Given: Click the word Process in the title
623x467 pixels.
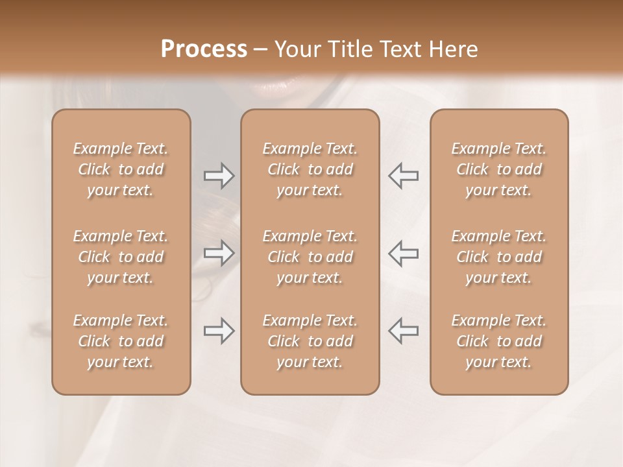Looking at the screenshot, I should tap(204, 49).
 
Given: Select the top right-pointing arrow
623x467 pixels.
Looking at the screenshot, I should tap(219, 175).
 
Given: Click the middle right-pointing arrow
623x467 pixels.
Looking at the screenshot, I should tap(219, 253).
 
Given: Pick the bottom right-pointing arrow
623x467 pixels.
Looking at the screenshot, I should tap(219, 331).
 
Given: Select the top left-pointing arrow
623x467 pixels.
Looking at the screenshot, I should tap(403, 175).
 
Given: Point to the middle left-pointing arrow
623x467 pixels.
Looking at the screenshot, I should tap(403, 253).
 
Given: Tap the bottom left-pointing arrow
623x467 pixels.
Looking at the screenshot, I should tap(403, 331).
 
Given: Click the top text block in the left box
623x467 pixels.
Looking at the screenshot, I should tap(121, 169).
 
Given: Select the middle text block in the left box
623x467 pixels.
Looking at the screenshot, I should tap(121, 257).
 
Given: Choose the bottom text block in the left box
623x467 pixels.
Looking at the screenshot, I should tap(121, 341).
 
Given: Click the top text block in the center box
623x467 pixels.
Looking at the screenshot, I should tap(310, 169).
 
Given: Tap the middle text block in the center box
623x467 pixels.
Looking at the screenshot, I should tap(310, 257).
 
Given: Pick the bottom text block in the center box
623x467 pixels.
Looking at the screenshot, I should tap(310, 341).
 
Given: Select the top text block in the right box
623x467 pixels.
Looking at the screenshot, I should tap(498, 169).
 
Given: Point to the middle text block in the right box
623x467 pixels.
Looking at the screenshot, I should tap(498, 257).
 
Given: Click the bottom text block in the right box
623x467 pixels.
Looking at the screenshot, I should tap(498, 341).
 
